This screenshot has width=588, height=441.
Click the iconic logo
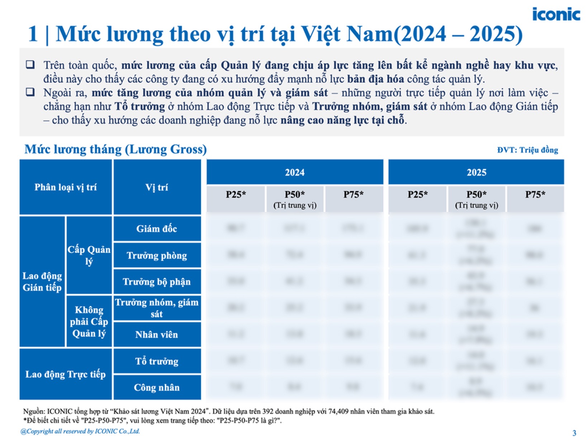point(556,14)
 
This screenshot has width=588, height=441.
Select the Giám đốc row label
point(157,229)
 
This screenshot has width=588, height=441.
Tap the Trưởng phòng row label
point(157,256)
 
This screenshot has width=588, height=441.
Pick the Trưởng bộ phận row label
point(157,282)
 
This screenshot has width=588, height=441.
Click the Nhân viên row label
point(157,335)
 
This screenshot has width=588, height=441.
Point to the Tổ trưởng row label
point(157,361)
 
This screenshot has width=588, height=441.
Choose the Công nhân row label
point(157,388)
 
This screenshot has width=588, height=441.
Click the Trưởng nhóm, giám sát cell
point(157,308)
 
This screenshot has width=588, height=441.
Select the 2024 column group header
point(295,172)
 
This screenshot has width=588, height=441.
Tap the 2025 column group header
point(476,172)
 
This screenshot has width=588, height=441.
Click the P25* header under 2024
point(236,195)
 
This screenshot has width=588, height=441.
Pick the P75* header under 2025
point(535,195)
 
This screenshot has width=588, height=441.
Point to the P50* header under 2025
point(476,199)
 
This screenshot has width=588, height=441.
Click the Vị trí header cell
point(157,187)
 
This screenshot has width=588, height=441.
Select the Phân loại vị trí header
point(66,187)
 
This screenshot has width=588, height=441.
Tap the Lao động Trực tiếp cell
point(66,374)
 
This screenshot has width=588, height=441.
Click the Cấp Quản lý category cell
point(89,255)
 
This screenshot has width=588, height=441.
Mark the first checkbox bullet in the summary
point(30,65)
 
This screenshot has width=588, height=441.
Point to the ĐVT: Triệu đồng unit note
point(527,150)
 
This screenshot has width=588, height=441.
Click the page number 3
point(574,433)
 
